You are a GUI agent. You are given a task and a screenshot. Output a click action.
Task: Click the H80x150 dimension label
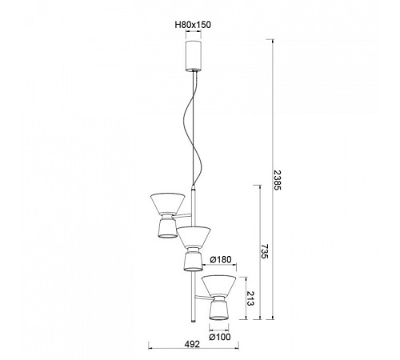(x=193, y=25)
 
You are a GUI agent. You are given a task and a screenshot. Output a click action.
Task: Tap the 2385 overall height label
(x=278, y=180)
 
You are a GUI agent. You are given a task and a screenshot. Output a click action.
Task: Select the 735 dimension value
(x=263, y=251)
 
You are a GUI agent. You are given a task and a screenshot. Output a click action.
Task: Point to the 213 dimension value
(x=250, y=298)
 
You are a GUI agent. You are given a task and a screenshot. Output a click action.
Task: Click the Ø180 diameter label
(x=220, y=259)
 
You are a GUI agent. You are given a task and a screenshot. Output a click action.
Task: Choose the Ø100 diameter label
(x=220, y=337)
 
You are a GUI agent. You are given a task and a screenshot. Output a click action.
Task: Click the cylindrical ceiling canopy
(x=194, y=56)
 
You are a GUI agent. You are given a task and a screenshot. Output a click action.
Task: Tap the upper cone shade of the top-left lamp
(x=168, y=203)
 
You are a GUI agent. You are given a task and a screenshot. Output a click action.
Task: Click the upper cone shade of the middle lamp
(x=194, y=237)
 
